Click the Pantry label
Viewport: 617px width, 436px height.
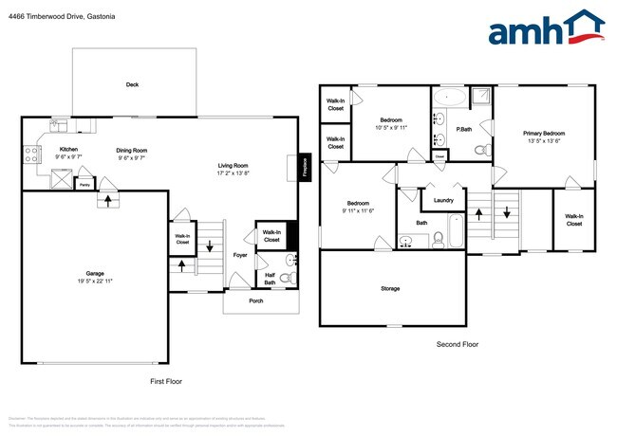point(84,184)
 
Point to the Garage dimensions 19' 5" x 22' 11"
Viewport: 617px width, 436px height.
point(94,282)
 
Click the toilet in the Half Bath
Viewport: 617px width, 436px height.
point(291,277)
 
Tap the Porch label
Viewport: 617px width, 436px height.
point(256,301)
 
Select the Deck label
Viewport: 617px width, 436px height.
point(133,84)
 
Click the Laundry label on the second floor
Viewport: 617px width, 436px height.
point(442,200)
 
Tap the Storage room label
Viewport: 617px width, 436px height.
point(390,288)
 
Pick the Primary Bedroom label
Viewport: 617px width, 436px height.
point(544,134)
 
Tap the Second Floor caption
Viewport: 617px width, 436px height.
point(457,345)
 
